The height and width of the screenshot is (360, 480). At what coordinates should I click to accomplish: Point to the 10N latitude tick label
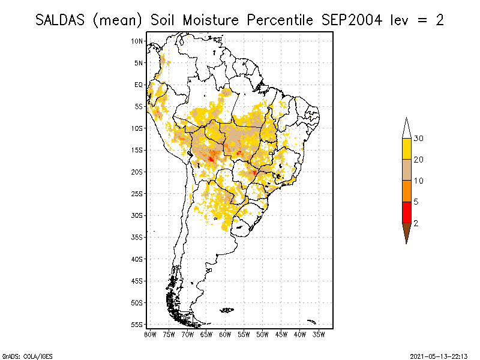click(137, 41)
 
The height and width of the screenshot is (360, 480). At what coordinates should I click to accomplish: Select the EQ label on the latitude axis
click(139, 85)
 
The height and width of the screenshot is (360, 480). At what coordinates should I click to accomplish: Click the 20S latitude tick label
click(137, 172)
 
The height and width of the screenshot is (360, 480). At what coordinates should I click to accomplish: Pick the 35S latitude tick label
click(137, 237)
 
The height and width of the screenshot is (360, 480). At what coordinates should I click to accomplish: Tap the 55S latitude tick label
click(137, 324)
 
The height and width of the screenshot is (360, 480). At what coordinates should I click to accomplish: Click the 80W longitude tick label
click(151, 334)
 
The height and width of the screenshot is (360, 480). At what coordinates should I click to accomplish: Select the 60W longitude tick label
click(226, 334)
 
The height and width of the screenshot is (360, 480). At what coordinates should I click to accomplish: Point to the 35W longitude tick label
click(319, 334)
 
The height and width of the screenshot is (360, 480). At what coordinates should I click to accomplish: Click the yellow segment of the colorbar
click(407, 149)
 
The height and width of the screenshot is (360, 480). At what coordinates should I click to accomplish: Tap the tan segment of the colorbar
click(407, 170)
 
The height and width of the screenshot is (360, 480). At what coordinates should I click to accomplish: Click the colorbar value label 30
click(419, 139)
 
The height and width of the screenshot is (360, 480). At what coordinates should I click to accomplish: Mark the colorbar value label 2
click(416, 223)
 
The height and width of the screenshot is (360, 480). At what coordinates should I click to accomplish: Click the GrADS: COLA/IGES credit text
click(19, 355)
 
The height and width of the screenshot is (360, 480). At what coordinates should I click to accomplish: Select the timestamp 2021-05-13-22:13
click(439, 355)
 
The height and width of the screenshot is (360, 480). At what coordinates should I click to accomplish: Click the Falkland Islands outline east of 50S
click(227, 310)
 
